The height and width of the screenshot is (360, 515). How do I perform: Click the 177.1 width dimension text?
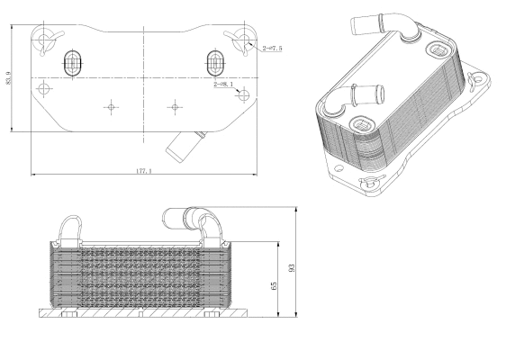click(x=143, y=169)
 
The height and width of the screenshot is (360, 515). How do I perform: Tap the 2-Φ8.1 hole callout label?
click(x=223, y=85)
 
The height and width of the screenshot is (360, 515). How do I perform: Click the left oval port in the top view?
click(x=73, y=63)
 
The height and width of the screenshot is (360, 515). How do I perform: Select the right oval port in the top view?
click(x=215, y=62)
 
